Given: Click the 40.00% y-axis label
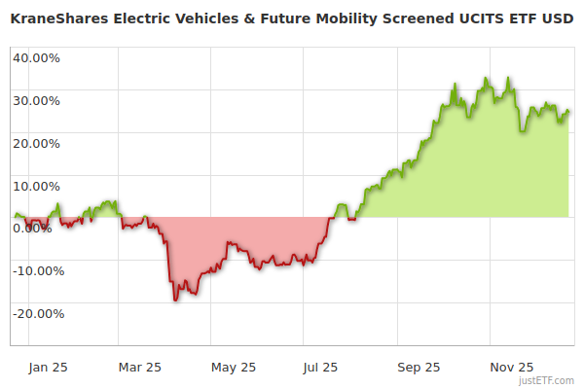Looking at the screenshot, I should coord(36,57).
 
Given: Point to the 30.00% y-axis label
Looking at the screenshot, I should coord(36,100).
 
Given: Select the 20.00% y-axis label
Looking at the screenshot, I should coord(36,143).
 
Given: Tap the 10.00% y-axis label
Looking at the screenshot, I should coord(36,186).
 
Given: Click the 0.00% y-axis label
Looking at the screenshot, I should coord(32,229).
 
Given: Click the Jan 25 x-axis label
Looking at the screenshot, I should coord(47,367).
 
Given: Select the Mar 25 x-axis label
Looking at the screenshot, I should coord(140,367).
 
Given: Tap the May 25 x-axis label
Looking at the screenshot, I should coord(234,367).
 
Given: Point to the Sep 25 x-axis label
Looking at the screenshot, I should coord(419,367).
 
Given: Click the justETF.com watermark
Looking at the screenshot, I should coord(546,380).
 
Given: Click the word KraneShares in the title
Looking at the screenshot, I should coord(56,18).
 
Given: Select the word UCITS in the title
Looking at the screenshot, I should coord(465,18).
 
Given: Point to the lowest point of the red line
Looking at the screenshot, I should coord(175,301).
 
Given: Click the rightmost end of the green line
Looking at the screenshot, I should coord(568,111).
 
